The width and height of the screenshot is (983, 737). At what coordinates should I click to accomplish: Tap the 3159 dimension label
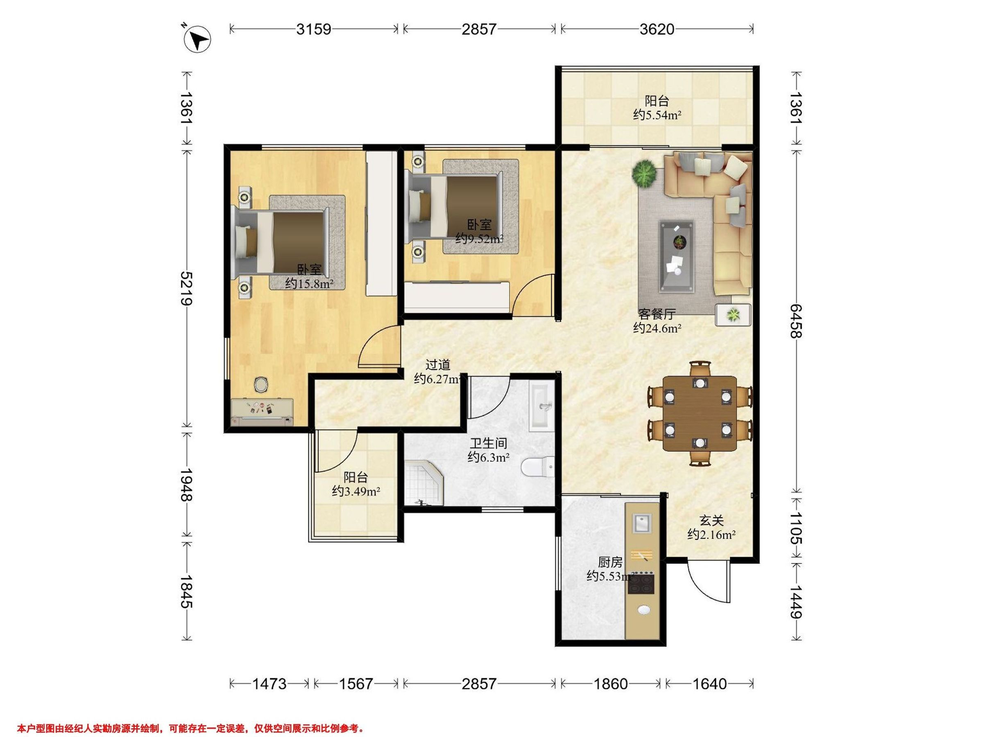click(314, 29)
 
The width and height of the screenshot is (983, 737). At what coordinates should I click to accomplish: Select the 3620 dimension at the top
click(657, 29)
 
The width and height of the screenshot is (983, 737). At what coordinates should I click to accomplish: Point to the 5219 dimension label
click(187, 288)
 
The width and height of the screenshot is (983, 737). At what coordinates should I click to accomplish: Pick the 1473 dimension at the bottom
click(270, 684)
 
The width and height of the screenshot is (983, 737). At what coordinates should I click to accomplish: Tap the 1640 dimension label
click(710, 684)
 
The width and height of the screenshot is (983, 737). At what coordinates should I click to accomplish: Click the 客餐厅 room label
click(657, 314)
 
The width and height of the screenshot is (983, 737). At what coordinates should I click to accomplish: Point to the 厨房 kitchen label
click(610, 563)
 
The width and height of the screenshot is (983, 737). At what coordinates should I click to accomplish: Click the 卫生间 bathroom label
click(488, 443)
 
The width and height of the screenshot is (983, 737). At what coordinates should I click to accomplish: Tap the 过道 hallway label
click(438, 365)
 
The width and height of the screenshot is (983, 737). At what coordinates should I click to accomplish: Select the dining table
click(700, 414)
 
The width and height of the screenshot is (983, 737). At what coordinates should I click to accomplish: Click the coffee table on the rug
click(676, 256)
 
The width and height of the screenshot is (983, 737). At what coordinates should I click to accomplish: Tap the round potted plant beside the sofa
click(644, 173)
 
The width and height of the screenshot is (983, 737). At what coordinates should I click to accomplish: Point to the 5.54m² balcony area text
click(657, 115)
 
